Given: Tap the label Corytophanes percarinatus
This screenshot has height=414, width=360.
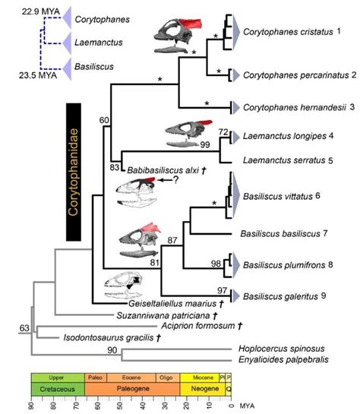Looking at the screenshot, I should coord(291,75).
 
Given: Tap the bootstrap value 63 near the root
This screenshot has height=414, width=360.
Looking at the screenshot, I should coord(24,329).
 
